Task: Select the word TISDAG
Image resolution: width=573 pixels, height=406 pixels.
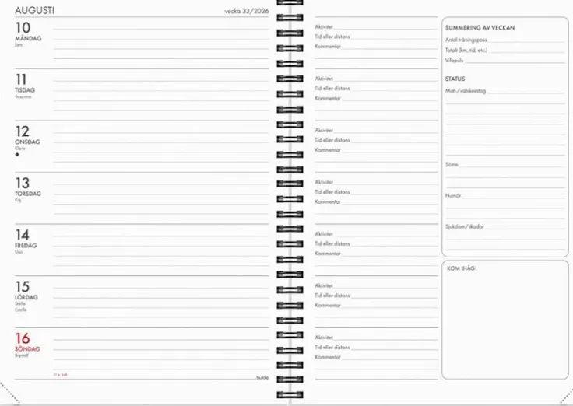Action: [x=26, y=89]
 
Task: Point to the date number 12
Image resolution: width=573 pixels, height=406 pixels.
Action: [x=22, y=131]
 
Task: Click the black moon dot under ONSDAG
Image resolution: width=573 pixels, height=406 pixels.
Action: [x=17, y=155]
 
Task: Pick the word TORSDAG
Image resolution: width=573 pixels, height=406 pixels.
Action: [x=28, y=194]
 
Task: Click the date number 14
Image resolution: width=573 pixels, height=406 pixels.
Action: [x=22, y=234]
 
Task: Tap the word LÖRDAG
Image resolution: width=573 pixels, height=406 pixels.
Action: [x=26, y=297]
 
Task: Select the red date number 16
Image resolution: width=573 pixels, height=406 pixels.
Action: [x=23, y=338]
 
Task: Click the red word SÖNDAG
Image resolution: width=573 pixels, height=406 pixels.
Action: [x=27, y=348]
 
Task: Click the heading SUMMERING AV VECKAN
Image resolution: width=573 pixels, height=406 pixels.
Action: [x=480, y=28]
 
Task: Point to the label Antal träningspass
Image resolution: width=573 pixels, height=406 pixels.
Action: [x=466, y=40]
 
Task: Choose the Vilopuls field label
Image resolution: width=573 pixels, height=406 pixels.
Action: [x=454, y=59]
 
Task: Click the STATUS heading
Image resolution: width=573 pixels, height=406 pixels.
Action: [x=455, y=79]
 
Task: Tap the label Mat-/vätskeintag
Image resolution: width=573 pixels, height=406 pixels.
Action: [x=466, y=91]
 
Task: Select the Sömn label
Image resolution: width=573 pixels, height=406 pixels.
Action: [x=452, y=164]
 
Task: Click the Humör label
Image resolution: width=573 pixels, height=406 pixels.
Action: [x=453, y=195]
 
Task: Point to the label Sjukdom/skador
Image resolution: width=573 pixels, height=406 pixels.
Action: [x=465, y=226]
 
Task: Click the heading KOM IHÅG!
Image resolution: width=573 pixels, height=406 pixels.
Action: [x=461, y=268]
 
